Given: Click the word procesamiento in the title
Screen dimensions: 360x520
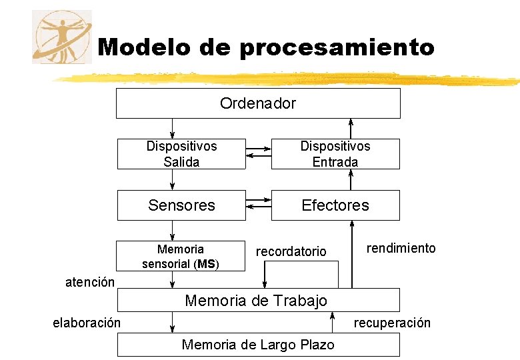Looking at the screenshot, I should [337, 48].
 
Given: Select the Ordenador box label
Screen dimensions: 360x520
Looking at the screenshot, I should [258, 103].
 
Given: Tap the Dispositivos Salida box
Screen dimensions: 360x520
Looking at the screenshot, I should [181, 154].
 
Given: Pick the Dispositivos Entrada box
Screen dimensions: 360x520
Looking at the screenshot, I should [335, 154].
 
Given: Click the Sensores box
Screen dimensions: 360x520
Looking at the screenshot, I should [181, 205].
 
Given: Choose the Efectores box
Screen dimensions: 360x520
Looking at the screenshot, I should [335, 205].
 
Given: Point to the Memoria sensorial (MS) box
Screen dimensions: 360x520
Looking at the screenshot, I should [181, 257].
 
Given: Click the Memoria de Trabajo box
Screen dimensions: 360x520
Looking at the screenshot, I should [258, 300].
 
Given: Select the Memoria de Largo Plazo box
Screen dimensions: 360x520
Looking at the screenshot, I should [258, 345].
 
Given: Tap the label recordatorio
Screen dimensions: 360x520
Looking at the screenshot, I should [291, 251].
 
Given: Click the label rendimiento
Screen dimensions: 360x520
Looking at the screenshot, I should [401, 249].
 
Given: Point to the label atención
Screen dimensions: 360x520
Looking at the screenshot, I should [89, 282].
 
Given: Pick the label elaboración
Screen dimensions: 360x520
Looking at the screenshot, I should [87, 323].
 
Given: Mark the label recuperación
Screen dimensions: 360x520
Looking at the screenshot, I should [392, 323].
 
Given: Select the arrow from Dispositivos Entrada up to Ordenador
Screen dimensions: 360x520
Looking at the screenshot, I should [352, 129].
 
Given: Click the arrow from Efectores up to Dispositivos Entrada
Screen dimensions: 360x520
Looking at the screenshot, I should [352, 179].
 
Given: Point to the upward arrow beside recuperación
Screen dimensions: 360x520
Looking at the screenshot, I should [331, 323].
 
